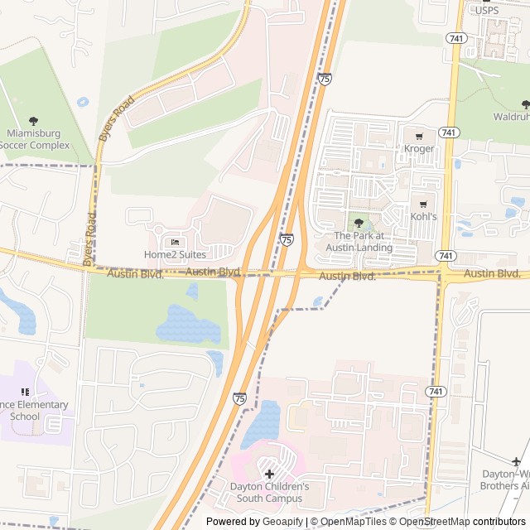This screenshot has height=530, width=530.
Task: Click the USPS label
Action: click(487, 10)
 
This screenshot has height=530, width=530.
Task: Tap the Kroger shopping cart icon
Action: click(419, 135)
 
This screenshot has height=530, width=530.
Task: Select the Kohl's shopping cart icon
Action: click(423, 204)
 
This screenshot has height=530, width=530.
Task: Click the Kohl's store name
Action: click(423, 217)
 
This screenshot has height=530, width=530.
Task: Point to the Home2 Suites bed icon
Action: click(175, 241)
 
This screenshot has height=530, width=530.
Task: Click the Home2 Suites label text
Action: click(175, 254)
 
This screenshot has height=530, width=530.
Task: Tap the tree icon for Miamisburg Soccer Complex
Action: click(34, 121)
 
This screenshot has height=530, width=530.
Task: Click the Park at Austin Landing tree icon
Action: click(358, 223)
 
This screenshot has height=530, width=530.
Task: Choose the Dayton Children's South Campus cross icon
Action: click(269, 474)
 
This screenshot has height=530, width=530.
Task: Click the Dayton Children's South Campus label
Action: click(269, 492)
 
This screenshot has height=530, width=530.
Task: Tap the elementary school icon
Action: click(25, 392)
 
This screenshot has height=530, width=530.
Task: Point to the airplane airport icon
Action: click(517, 461)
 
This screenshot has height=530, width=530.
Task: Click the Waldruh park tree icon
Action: click(525, 104)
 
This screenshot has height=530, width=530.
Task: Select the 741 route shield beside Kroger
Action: click(448, 132)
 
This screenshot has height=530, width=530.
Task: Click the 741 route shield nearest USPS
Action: click(454, 38)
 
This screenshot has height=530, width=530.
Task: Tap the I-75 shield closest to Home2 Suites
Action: click(286, 239)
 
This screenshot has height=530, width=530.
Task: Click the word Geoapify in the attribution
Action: click(282, 522)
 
